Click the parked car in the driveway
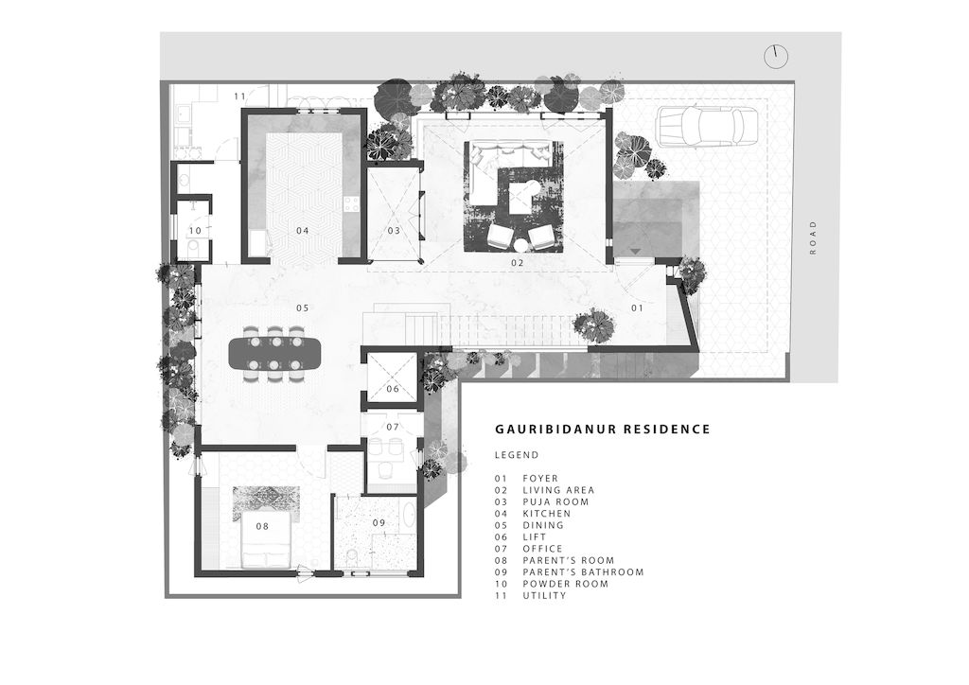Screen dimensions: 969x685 click(707, 127)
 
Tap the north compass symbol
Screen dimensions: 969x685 click(776, 57)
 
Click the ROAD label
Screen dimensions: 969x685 click(813, 237)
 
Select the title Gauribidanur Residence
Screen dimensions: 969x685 click(603, 429)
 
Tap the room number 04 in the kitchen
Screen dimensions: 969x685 click(302, 231)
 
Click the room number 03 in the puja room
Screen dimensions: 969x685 click(394, 231)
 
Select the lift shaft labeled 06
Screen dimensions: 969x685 click(393, 377)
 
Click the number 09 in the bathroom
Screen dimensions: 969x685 click(379, 522)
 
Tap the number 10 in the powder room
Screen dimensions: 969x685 click(195, 231)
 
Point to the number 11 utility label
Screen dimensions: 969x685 click(239, 96)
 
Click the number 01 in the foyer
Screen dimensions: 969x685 click(637, 307)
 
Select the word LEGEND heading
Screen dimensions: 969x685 click(517, 455)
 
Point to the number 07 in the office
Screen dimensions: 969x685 click(393, 426)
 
